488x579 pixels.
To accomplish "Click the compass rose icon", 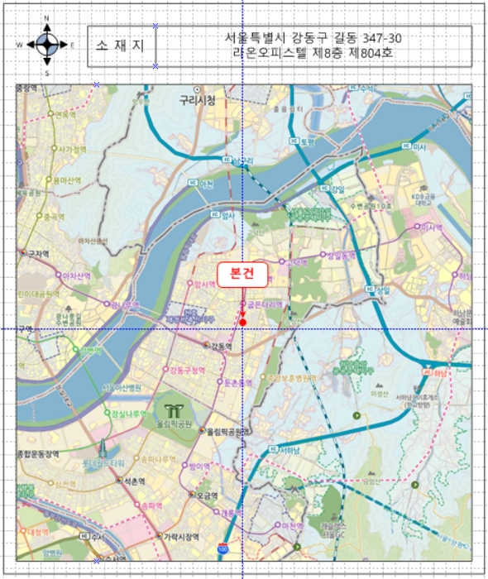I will (47, 45).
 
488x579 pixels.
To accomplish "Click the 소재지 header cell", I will (122, 45).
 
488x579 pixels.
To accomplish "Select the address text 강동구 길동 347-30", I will (314, 39).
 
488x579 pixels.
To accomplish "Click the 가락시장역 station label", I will (179, 535).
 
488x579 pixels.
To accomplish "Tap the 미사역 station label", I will (431, 227).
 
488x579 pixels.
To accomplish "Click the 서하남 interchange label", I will (290, 451).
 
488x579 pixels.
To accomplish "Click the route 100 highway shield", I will (222, 548).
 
